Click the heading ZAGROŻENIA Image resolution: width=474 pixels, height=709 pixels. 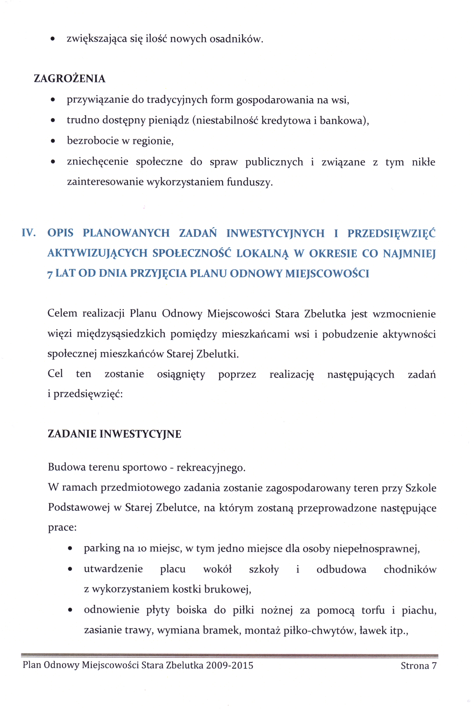click(x=70, y=79)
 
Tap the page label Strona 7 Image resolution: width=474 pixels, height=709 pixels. click(x=418, y=666)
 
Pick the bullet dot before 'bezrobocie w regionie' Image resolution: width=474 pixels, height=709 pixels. click(x=53, y=141)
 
